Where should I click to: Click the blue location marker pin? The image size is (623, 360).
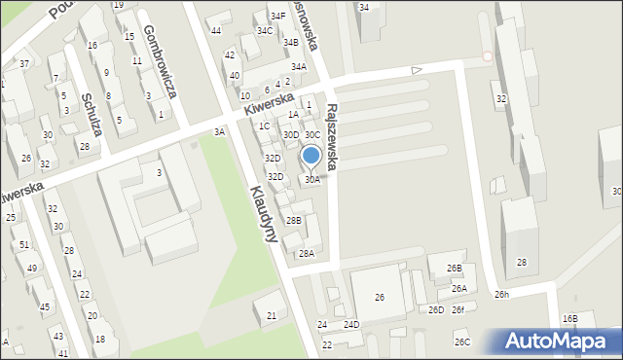[x=311, y=156]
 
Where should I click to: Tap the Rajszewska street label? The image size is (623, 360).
[x=333, y=138]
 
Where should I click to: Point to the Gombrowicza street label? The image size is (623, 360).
[x=157, y=59]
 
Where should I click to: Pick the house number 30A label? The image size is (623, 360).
[x=312, y=180]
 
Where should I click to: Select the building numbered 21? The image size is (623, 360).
[x=272, y=316]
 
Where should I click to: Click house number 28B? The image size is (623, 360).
[x=293, y=221]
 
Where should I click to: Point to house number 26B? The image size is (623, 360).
[x=455, y=268]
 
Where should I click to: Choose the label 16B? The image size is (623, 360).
[x=569, y=318]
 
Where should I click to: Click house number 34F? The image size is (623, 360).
[x=278, y=16]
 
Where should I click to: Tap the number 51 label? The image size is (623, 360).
[x=23, y=244]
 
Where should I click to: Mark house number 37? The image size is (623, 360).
[x=24, y=63]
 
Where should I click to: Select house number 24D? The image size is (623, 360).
[x=350, y=324]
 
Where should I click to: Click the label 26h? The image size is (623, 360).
[x=501, y=294]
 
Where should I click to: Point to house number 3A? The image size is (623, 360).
[x=220, y=131]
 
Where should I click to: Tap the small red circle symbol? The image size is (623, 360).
[x=488, y=56]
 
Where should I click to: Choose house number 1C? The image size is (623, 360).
[x=264, y=126]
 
